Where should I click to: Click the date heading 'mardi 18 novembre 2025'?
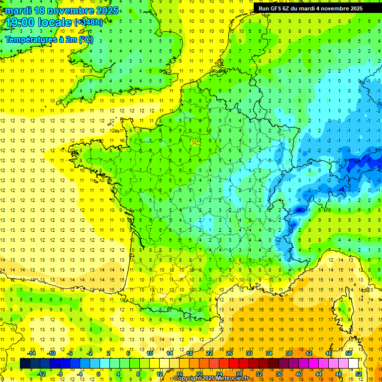coord(62,10)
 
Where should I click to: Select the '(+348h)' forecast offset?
coord(89,22)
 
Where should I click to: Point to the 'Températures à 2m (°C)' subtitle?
coord(49,39)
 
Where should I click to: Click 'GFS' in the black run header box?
coord(278,8)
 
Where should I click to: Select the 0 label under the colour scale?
coord(98,374)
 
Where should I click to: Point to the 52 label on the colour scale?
coord(359,374)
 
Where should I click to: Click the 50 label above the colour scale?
coord(348,353)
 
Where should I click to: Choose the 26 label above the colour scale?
coord(229,353)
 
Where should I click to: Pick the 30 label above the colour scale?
coord(249,353)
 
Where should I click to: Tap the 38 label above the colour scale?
coord(289,353)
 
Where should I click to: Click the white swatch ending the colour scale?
coord(353,364)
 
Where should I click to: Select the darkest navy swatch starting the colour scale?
coord(25,364)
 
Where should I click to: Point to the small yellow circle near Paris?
coord(195,141)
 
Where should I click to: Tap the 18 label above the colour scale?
coord(190,353)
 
